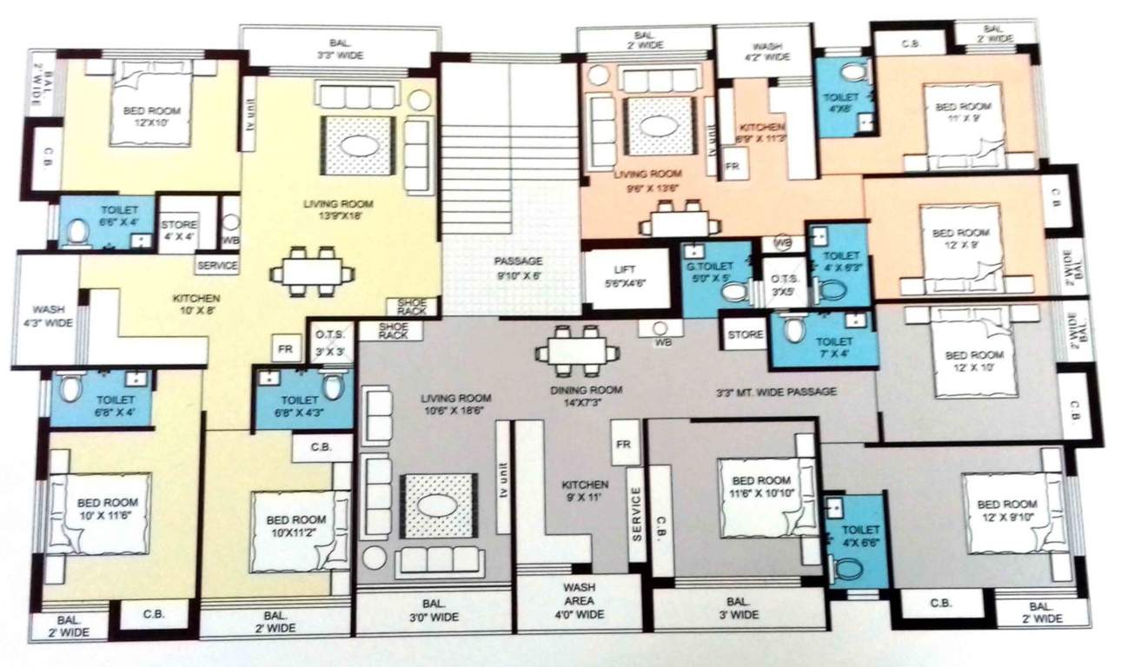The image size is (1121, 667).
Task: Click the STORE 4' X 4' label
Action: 179,231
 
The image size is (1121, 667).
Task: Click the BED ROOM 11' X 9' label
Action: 962,113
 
